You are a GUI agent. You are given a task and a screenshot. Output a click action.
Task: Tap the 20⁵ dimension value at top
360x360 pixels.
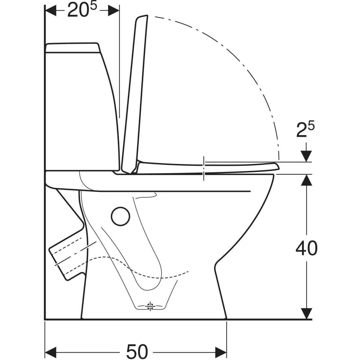[x=82, y=10]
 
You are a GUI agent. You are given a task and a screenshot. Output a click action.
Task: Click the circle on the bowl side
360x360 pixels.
[x=121, y=216]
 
